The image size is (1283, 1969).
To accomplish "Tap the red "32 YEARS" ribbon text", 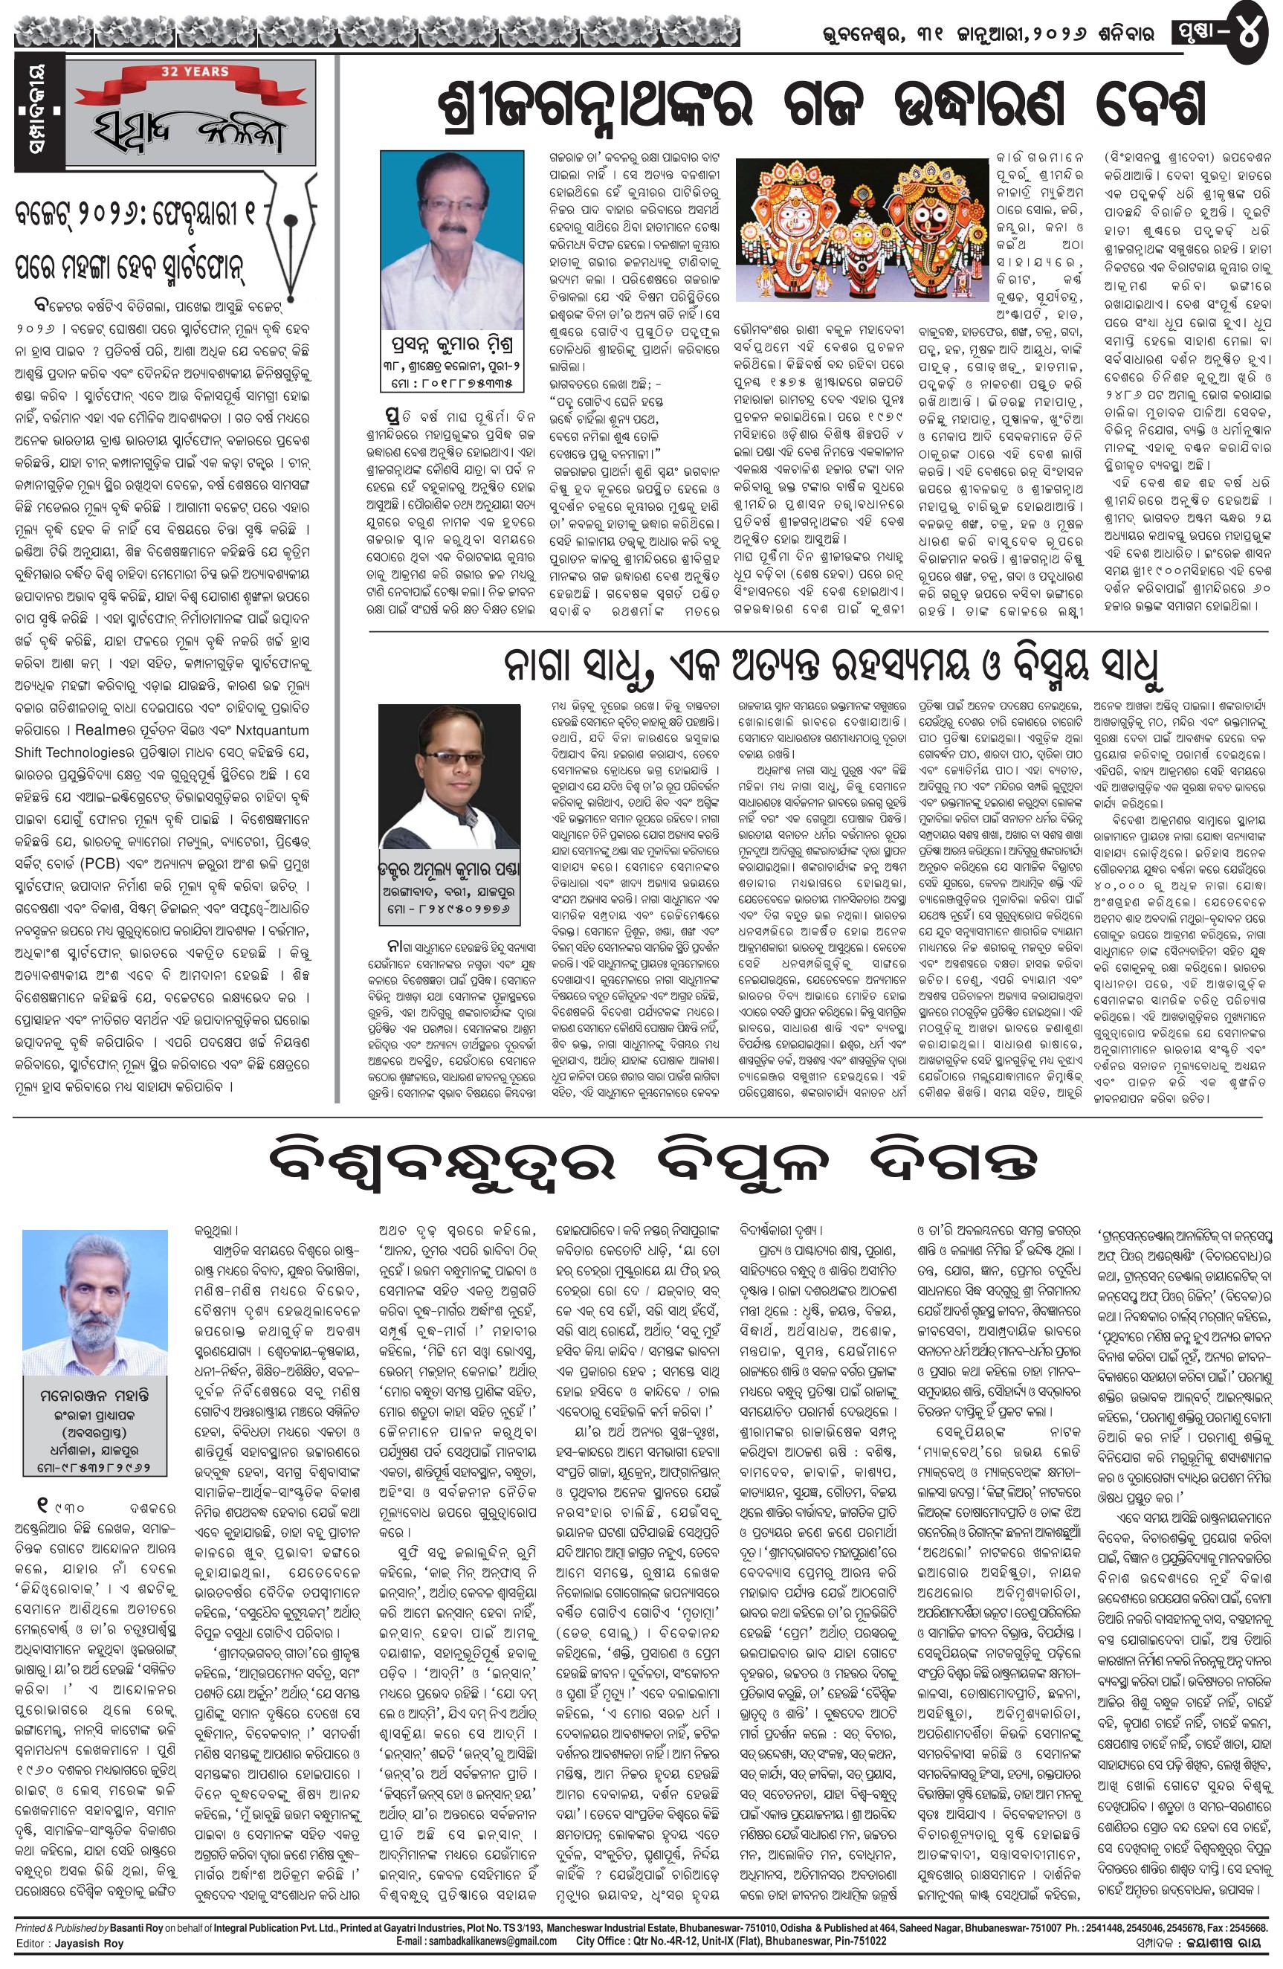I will tap(195, 72).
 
